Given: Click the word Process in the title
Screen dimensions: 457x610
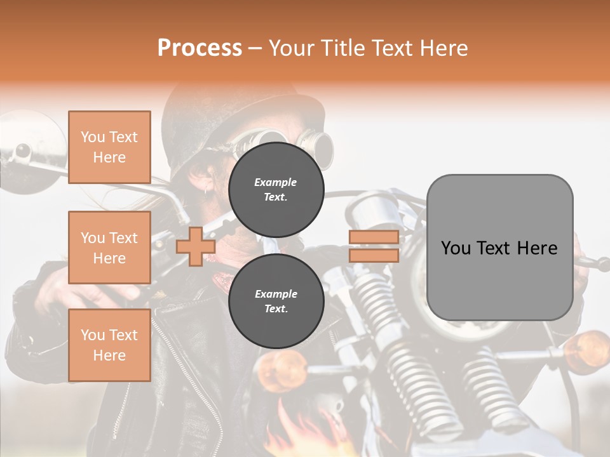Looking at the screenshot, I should point(200,48).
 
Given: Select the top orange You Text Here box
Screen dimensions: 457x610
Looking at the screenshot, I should point(109,147).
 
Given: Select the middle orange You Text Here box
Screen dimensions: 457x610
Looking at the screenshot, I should point(109,248).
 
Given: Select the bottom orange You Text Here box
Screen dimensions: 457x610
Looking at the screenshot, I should point(109,345).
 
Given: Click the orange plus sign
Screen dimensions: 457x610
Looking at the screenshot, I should point(195,246).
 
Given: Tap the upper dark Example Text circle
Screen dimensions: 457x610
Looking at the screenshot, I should point(276,190).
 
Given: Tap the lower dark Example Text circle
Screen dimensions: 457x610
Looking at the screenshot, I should point(276,301).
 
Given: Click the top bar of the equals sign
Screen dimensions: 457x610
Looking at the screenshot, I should point(374,237).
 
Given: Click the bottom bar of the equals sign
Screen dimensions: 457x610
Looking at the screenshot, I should point(374,256).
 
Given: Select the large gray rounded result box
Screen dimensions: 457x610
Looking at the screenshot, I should point(499,247).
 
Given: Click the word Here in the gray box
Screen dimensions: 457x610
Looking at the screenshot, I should point(539,248).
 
